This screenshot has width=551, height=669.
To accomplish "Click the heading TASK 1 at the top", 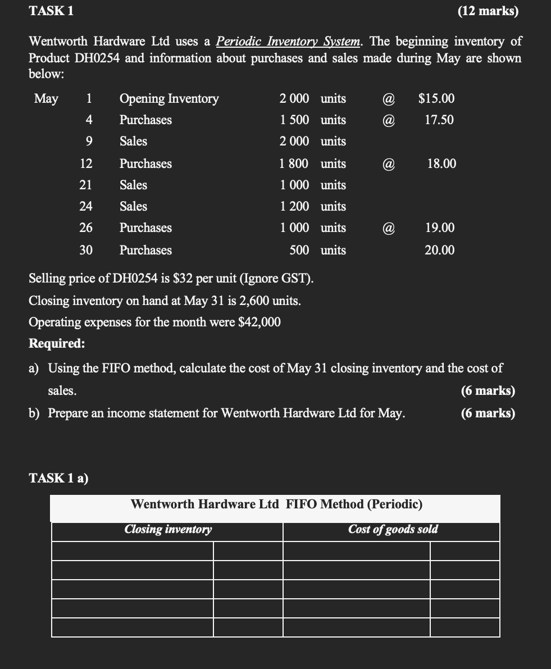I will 51,11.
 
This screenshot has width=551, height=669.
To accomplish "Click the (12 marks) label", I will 488,11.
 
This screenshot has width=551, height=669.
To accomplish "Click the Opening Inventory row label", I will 169,99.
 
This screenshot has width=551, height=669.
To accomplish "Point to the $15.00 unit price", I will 436,99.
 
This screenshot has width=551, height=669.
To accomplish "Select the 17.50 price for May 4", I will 439,120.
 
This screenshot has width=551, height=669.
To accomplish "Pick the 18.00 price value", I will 441,164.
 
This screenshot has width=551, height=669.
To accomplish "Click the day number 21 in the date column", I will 85,185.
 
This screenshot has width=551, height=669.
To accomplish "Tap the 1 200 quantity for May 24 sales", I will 294,207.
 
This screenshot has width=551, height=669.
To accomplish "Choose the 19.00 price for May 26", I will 440,228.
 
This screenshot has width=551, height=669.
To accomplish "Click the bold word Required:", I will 57,344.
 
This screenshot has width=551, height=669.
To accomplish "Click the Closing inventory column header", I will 168,529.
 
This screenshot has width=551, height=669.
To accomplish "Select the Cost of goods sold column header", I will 393,529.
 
